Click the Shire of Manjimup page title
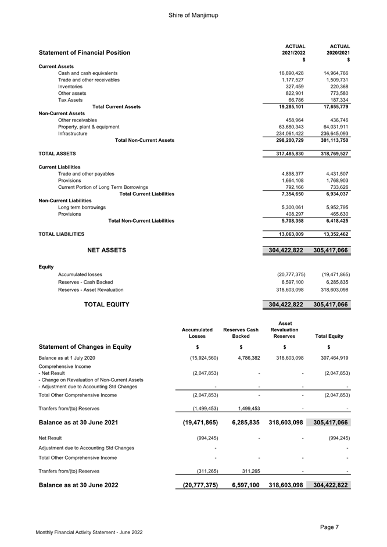pyautogui.click(x=193, y=15)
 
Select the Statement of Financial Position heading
pyautogui.click(x=84, y=53)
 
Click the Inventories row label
pyautogui.click(x=70, y=87)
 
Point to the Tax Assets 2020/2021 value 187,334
pyautogui.click(x=335, y=100)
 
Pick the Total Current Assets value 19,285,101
pyautogui.click(x=288, y=107)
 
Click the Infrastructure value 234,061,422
pyautogui.click(x=286, y=133)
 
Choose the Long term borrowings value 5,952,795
pyautogui.click(x=334, y=208)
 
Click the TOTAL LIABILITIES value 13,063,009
pyautogui.click(x=288, y=234)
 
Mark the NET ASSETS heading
pyautogui.click(x=106, y=251)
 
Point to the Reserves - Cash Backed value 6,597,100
pyautogui.click(x=290, y=282)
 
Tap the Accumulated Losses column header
pyautogui.click(x=197, y=333)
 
